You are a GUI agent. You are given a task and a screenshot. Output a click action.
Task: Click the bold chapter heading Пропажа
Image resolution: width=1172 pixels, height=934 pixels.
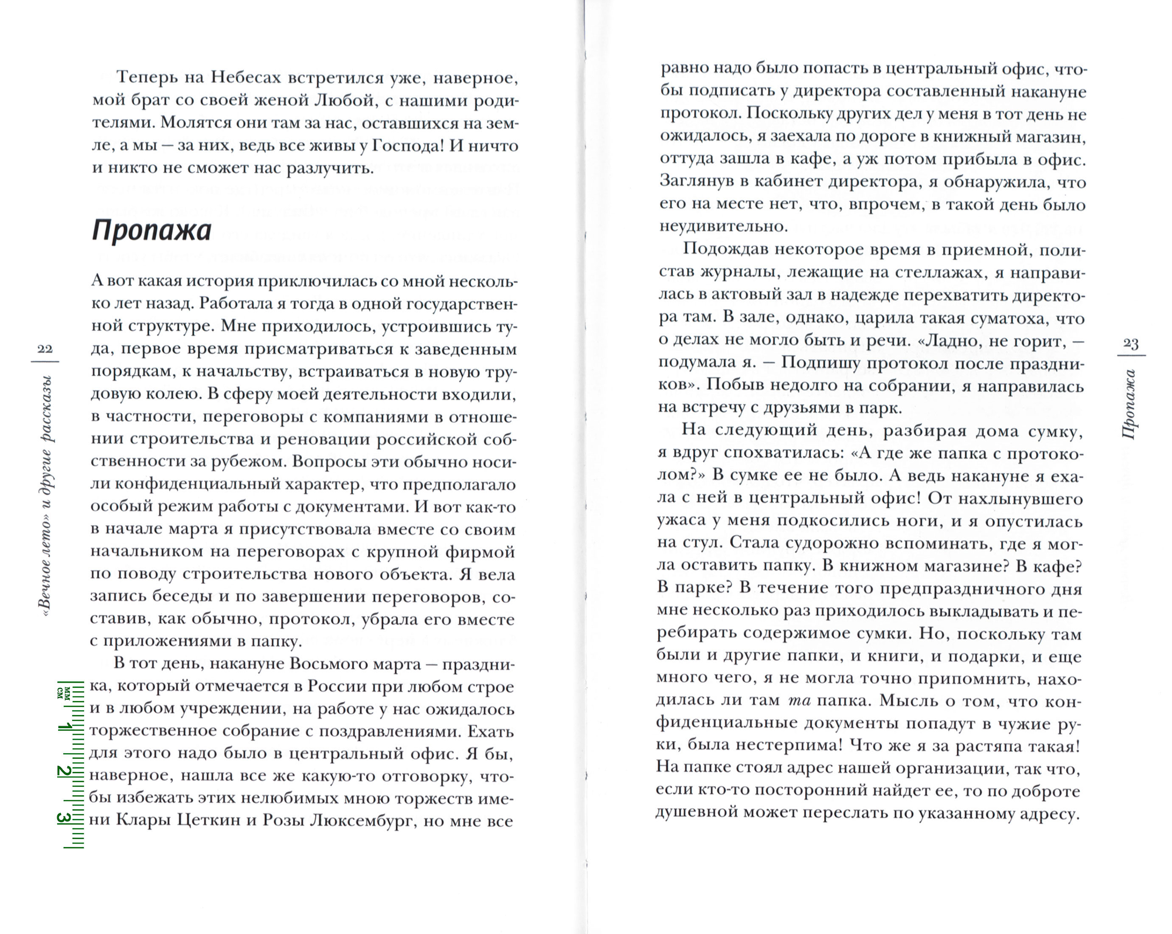tap(151, 231)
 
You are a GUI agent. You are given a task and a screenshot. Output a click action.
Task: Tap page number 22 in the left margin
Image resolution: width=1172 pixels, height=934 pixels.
tap(45, 349)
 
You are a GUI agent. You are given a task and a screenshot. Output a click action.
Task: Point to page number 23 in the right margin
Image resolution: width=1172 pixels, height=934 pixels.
tap(1131, 343)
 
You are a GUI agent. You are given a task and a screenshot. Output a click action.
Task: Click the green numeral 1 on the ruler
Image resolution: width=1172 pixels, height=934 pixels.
tap(65, 727)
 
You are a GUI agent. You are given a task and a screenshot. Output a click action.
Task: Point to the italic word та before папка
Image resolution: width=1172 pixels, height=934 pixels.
tap(799, 701)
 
